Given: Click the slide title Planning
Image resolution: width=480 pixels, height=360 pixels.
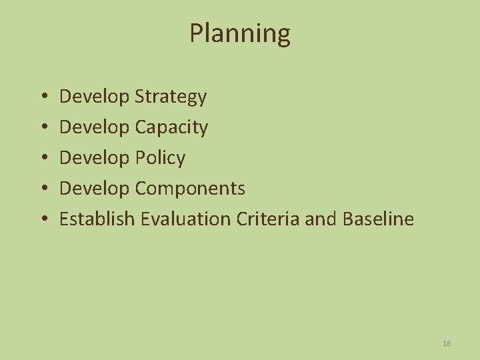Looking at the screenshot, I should (x=240, y=33).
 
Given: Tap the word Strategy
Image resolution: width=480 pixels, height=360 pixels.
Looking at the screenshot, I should (x=171, y=97).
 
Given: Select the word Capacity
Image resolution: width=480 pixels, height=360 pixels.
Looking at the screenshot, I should (x=171, y=128).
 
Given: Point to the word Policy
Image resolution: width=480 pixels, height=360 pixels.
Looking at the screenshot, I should (x=160, y=159).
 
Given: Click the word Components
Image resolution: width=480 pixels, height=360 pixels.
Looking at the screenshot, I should (x=190, y=189).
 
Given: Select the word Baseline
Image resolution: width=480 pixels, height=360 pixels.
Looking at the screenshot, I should (x=378, y=219).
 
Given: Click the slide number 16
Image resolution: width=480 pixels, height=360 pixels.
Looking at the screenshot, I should (x=447, y=343).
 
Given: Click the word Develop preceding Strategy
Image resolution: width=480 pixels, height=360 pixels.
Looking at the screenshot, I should (x=95, y=97).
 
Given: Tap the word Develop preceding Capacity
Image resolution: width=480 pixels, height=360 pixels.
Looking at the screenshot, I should (x=95, y=128).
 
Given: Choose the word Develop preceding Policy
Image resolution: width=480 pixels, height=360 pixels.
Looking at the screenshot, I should (x=95, y=159).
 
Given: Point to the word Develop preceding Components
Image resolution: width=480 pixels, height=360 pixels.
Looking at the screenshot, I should (x=95, y=189).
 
